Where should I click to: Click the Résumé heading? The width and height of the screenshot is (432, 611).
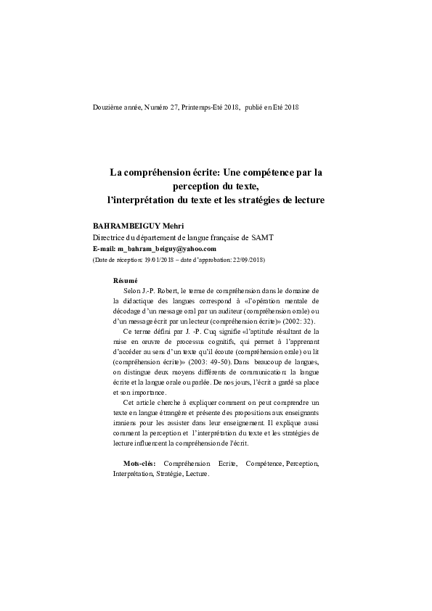pyautogui.click(x=126, y=281)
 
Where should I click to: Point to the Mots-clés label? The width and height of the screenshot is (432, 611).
pyautogui.click(x=139, y=462)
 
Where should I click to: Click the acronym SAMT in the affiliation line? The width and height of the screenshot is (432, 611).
pyautogui.click(x=261, y=237)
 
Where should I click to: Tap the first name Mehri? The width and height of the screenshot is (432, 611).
pyautogui.click(x=174, y=226)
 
